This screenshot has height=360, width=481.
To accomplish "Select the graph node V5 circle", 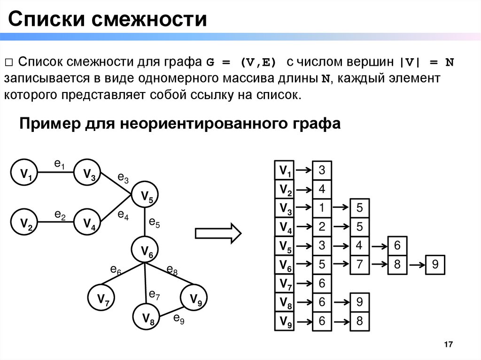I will click(147, 196).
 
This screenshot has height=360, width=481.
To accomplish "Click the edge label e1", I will click(59, 164).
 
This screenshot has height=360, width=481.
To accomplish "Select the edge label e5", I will click(155, 222).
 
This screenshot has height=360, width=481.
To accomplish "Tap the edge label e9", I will click(178, 319).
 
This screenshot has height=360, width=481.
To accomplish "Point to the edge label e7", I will click(155, 295).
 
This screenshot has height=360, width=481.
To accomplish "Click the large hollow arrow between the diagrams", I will click(218, 233).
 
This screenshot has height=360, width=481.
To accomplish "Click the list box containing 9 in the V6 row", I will click(435, 264).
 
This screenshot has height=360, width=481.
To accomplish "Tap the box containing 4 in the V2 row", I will click(322, 189).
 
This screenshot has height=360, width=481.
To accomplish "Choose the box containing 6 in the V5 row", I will click(397, 245).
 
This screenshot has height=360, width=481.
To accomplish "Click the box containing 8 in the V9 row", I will click(360, 322).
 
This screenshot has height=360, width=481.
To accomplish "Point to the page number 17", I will click(448, 345).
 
